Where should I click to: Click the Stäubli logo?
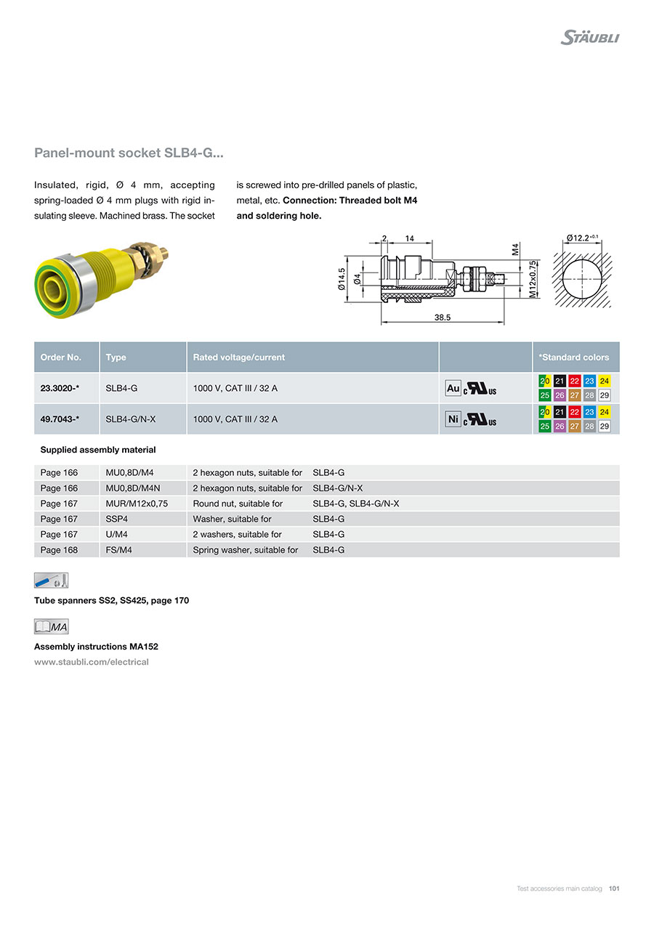click(x=589, y=37)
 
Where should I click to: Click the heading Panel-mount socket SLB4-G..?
click(x=129, y=153)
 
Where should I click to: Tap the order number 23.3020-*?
click(x=60, y=389)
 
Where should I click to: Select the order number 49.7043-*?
click(x=60, y=419)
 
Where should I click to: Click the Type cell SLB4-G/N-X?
click(x=131, y=419)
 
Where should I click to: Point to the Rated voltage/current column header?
click(x=238, y=357)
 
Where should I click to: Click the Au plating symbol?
click(x=453, y=389)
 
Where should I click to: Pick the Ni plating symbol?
click(x=453, y=419)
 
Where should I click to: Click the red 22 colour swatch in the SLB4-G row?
click(x=574, y=381)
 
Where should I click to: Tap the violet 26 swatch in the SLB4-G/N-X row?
click(x=560, y=427)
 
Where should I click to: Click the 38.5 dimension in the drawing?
click(x=443, y=318)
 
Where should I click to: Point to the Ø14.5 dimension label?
click(x=342, y=280)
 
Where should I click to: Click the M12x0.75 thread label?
click(x=533, y=278)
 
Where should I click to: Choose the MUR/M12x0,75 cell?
click(x=137, y=504)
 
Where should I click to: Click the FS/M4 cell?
click(x=118, y=550)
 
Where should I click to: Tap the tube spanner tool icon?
click(x=51, y=581)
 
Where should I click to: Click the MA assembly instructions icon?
click(x=51, y=626)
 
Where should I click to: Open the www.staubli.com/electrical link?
click(x=92, y=662)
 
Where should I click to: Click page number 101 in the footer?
click(x=614, y=889)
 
